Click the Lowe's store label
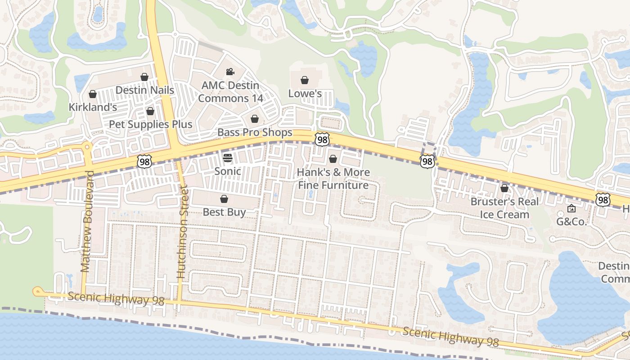pos(305,94)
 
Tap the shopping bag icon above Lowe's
pos(305,81)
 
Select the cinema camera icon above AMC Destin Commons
pos(230,72)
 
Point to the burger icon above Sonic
pos(228,158)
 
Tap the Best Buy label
pos(224,212)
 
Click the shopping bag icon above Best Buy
pos(224,199)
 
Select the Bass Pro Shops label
pos(255,133)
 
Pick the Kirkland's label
pos(93,107)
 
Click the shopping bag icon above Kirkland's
pos(93,94)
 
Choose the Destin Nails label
pos(144,90)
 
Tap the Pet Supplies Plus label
pos(151,124)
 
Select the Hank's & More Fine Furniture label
pos(333,179)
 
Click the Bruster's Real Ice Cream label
pos(504,208)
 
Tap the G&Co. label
pos(571,221)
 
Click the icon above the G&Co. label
pos(571,208)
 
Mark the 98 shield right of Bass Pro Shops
pos(322,139)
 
